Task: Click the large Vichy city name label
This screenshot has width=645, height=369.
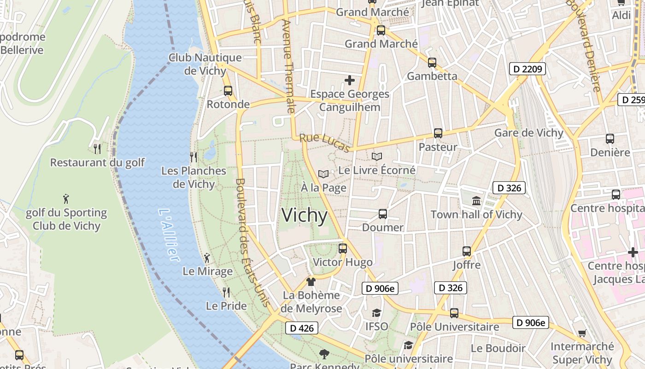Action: click(304, 215)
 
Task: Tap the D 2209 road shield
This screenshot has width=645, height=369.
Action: click(527, 69)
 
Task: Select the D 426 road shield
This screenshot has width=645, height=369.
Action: click(302, 328)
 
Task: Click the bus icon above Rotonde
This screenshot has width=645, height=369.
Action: click(228, 91)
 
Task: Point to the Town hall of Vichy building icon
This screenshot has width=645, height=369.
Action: click(476, 201)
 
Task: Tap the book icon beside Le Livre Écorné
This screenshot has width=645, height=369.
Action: click(377, 157)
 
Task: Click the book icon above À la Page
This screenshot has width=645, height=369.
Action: click(323, 174)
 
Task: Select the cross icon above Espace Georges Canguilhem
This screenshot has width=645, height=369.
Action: click(350, 80)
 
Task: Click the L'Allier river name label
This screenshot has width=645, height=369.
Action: click(168, 235)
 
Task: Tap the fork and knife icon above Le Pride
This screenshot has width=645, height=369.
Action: click(226, 292)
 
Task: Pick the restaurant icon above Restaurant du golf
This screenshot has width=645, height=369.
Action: click(97, 149)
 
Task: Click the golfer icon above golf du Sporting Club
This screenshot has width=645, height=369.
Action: click(66, 199)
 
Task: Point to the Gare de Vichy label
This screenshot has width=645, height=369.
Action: click(528, 133)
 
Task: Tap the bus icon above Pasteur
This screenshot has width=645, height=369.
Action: click(438, 133)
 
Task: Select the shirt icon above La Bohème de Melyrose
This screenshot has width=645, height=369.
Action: click(311, 281)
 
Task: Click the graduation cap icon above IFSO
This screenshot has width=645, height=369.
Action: click(376, 313)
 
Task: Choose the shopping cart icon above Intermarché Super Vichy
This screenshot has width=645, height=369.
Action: click(582, 333)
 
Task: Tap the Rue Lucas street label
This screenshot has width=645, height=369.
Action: click(324, 143)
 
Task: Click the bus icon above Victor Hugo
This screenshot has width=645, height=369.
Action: click(342, 248)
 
